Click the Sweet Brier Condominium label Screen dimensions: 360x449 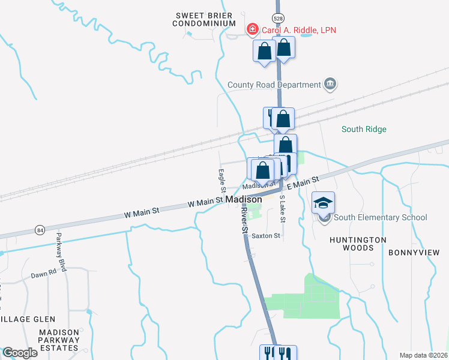pos(203,19)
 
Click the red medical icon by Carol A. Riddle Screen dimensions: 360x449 pos(253,29)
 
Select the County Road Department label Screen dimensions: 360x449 pos(274,85)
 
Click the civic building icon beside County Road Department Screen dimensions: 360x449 pos(330,84)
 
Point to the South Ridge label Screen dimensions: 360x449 pos(364,129)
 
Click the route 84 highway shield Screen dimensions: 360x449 pos(40,230)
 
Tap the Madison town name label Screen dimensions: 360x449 pos(244,199)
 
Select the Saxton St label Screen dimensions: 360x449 pos(266,236)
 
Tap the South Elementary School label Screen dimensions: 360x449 pos(381,217)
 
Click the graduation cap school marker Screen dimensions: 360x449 pos(324,203)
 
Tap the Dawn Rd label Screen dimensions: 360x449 pos(44,274)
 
